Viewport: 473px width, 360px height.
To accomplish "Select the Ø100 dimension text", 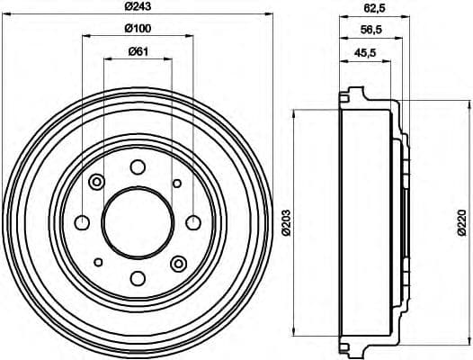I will [x=138, y=29].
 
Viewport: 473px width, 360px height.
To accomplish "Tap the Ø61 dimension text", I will [x=138, y=49].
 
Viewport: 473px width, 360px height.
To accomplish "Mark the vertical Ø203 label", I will [x=287, y=223].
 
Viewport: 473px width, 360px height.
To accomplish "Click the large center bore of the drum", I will [x=137, y=222].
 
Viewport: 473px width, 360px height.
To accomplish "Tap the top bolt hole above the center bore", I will [x=137, y=166].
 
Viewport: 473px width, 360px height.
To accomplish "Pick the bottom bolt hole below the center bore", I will [x=137, y=278].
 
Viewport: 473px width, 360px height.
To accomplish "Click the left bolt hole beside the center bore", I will [x=82, y=222].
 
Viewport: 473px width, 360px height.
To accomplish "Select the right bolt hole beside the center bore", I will [x=192, y=222].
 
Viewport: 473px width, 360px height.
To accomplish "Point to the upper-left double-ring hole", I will [x=97, y=183].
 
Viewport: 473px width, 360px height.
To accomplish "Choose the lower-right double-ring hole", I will [x=177, y=263].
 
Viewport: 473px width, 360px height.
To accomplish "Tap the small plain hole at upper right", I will [x=177, y=183].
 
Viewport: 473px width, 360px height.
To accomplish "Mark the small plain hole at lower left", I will [x=97, y=263].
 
